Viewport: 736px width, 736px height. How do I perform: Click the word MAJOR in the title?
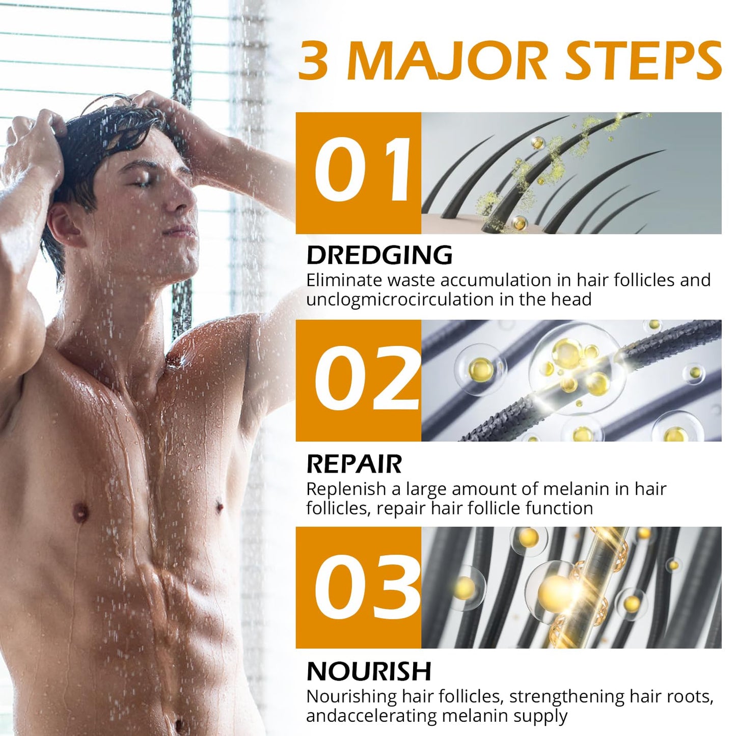point(448,61)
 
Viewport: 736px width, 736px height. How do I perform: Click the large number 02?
point(367,379)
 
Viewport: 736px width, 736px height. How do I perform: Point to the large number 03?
point(366,587)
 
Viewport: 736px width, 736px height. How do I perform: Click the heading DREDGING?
point(379,255)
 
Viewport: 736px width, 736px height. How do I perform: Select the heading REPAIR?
point(354,464)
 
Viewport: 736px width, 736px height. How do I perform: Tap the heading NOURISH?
point(369,671)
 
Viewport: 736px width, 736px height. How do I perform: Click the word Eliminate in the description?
point(344,280)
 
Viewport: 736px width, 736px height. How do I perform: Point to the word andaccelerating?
point(371,716)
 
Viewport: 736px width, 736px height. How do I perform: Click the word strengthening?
point(567,696)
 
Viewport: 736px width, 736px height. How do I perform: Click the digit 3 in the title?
point(313,61)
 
